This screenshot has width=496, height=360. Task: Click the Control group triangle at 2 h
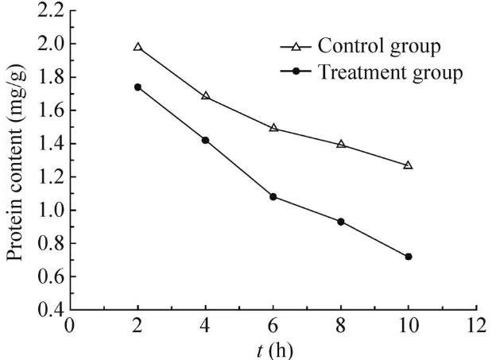(138, 48)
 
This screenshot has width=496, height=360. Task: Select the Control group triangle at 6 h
(273, 127)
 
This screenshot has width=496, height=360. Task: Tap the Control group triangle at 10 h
(409, 165)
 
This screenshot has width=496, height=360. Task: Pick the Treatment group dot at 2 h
(138, 87)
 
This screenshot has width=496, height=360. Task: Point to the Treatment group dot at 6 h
(273, 196)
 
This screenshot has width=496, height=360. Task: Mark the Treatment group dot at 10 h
(409, 257)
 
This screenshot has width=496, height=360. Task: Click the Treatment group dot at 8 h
(341, 222)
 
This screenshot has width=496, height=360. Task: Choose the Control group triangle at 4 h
(206, 96)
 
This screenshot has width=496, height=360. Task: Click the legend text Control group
(379, 45)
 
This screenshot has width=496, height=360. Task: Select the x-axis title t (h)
(273, 349)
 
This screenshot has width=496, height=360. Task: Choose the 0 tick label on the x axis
(71, 325)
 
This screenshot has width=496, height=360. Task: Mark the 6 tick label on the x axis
(273, 325)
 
